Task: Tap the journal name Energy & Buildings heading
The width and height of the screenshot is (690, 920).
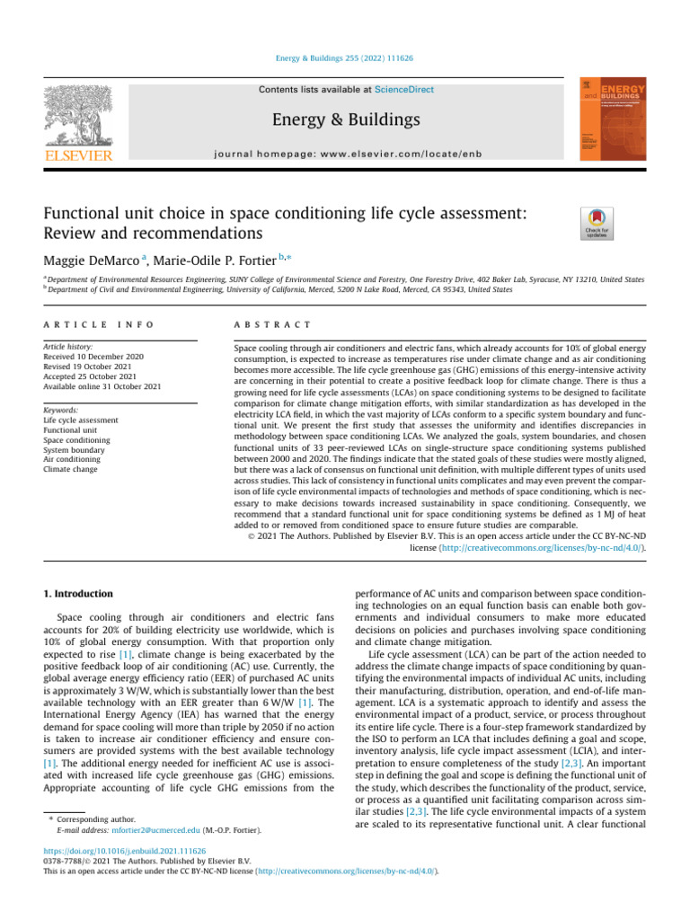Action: click(344, 119)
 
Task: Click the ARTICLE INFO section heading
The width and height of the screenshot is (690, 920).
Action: click(99, 323)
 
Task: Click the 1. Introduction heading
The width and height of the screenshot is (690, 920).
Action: click(78, 594)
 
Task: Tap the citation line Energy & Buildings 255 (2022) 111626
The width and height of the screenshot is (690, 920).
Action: click(344, 61)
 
